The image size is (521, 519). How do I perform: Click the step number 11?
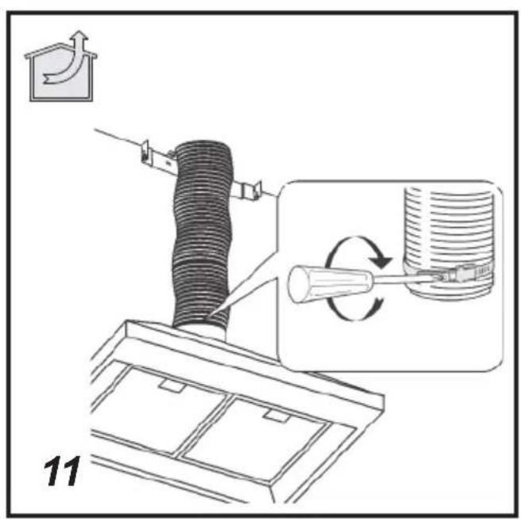point(61,471)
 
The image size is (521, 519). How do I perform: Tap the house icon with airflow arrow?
point(61,66)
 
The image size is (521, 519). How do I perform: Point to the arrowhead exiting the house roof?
point(80,37)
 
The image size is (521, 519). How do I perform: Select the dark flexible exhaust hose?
point(202,233)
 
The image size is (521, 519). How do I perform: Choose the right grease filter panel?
point(257,438)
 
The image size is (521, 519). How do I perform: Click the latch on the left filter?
point(171,385)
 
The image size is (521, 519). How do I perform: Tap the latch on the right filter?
point(276,416)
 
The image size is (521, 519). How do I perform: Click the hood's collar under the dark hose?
point(201,333)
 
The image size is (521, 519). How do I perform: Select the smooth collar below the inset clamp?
point(449,289)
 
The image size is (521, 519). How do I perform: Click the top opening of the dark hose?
point(202,145)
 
